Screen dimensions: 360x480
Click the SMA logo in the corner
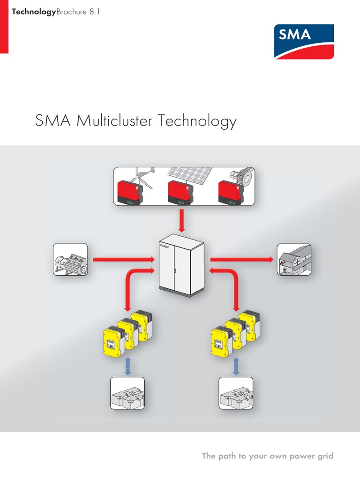[x=304, y=42]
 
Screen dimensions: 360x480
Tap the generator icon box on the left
[x=70, y=259]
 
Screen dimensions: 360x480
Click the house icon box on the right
[x=294, y=259]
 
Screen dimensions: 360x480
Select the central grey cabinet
[x=181, y=268]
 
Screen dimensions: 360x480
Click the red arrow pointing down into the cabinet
[x=182, y=222]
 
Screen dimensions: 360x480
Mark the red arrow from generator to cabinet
[x=124, y=259]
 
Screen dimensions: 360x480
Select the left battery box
[x=127, y=394]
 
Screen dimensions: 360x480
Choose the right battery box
[x=236, y=394]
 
